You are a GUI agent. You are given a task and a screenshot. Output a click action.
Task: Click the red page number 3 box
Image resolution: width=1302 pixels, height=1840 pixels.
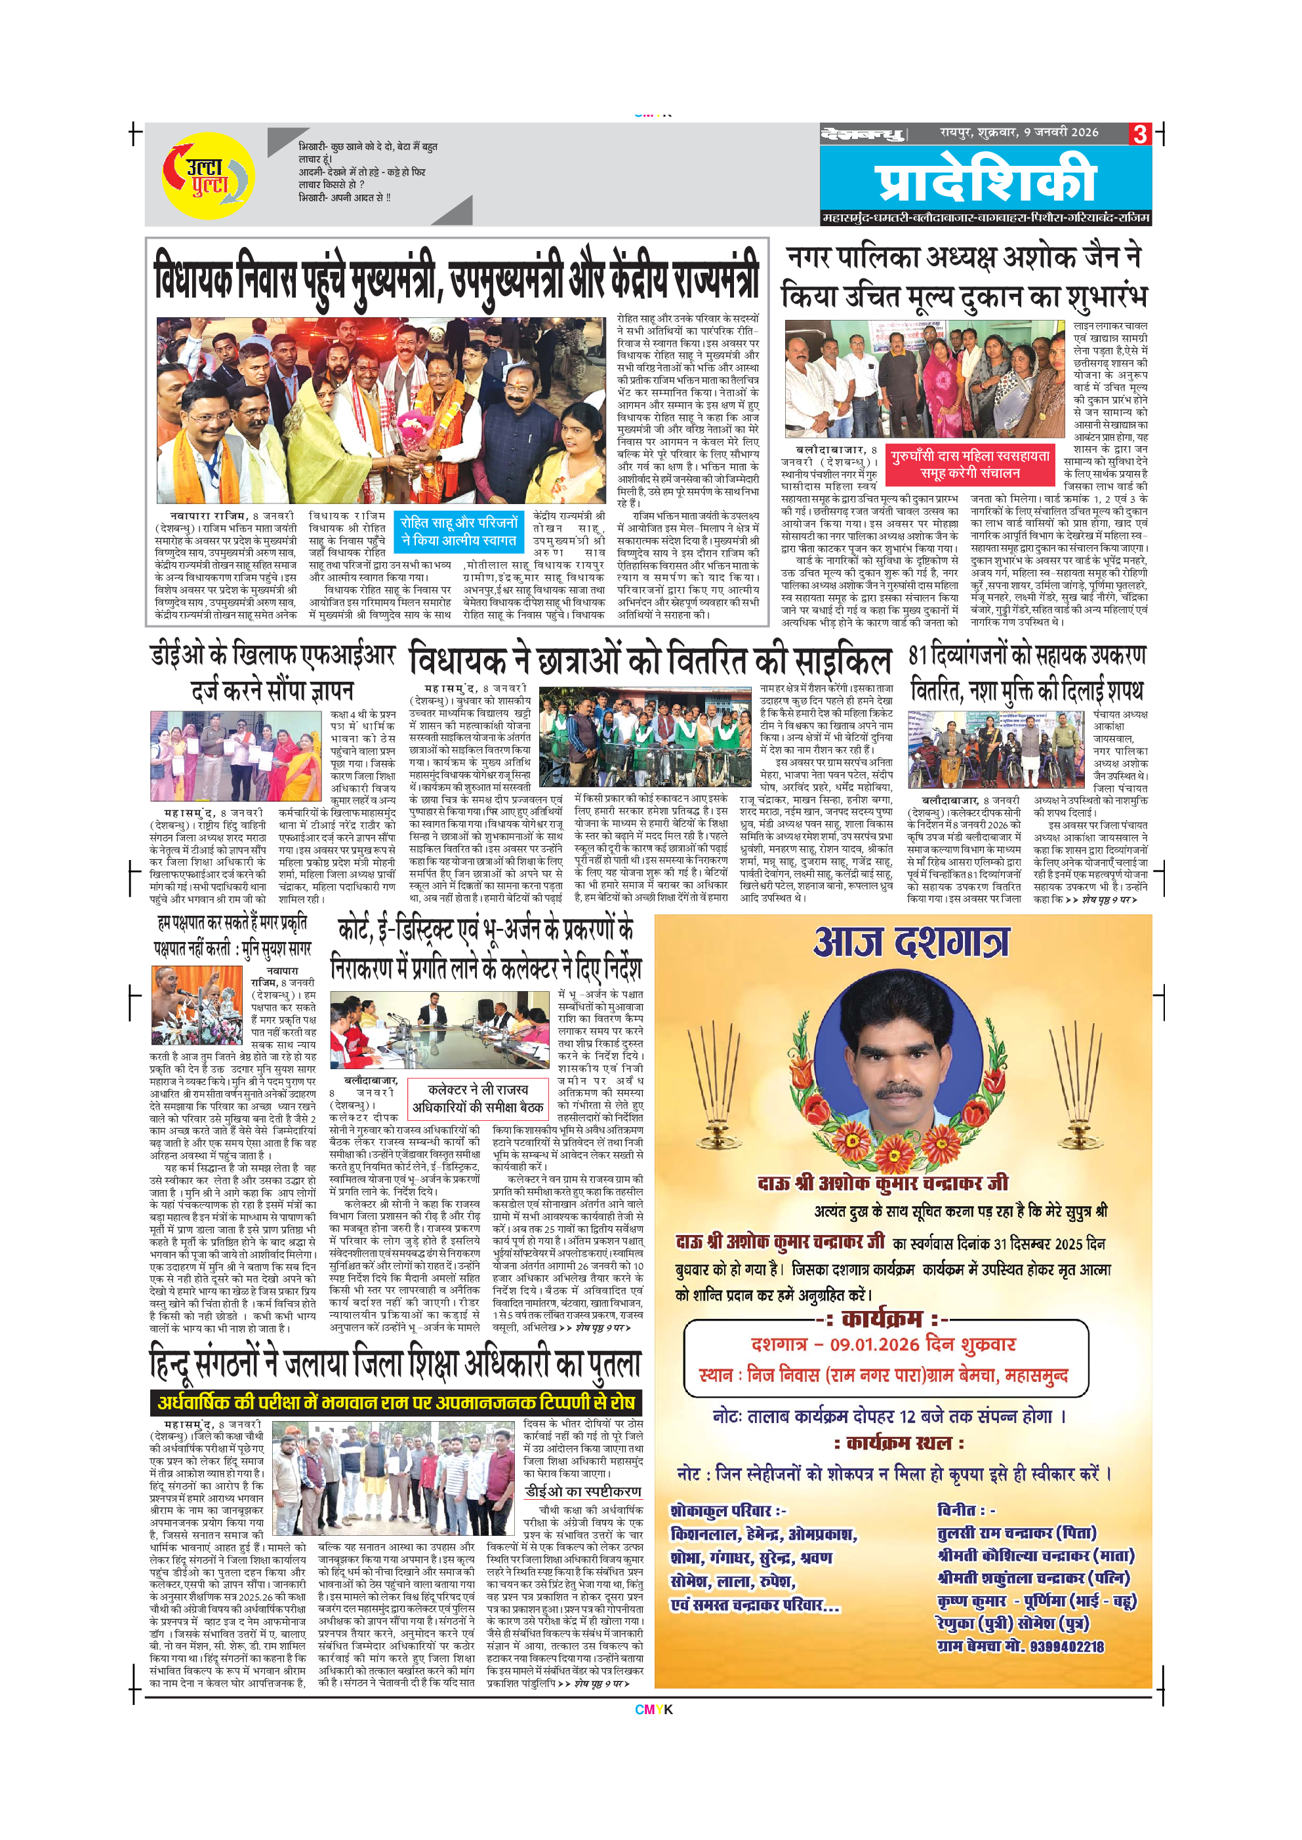[1139, 134]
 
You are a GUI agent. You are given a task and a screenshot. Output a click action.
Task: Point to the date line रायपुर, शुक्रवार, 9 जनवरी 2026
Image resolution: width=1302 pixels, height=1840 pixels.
[1019, 132]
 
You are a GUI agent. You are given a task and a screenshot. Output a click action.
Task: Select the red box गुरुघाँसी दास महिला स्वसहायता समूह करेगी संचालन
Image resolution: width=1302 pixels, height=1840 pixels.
[969, 464]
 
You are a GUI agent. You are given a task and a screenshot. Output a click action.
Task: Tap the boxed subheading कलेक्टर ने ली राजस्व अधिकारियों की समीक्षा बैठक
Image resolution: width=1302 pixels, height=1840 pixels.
[478, 1099]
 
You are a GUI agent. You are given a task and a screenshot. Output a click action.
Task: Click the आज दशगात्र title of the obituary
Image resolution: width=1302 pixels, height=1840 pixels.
[912, 943]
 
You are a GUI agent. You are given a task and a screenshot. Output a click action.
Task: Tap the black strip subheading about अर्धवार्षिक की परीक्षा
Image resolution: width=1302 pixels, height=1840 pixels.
[396, 1401]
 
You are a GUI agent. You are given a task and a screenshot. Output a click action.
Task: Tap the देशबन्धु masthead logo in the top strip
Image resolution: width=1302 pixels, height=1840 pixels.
[861, 134]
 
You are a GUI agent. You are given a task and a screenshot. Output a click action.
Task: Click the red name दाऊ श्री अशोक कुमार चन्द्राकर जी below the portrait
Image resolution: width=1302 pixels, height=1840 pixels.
[883, 1183]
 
